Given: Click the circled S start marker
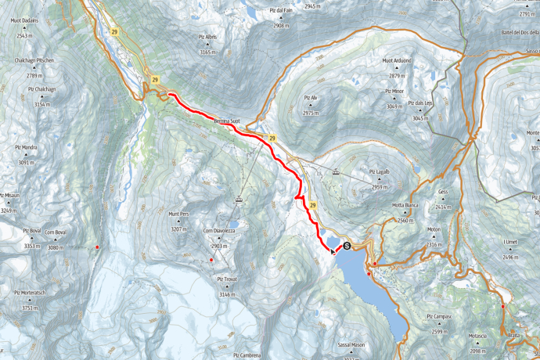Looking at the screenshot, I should (x=347, y=245).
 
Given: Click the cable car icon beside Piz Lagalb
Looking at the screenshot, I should (x=336, y=173).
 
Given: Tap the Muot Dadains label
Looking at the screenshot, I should (x=24, y=26).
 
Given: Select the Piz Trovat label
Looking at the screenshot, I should (x=227, y=279).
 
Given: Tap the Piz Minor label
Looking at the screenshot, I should (x=394, y=91).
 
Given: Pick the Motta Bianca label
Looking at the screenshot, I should (x=405, y=205).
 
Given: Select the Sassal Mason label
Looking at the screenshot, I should (x=351, y=344).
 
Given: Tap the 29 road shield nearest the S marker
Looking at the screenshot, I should (x=312, y=205).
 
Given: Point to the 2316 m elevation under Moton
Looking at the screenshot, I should (x=434, y=244).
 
